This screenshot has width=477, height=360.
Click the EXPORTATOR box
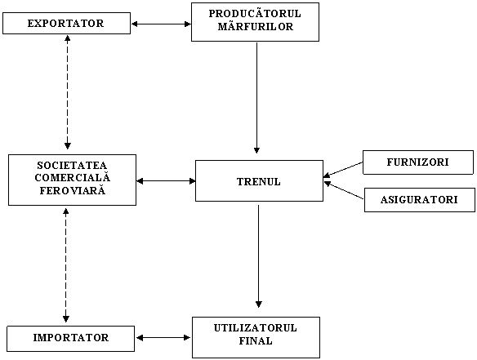[67, 23]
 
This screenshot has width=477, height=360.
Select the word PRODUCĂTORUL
[255, 14]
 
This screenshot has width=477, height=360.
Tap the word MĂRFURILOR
[256, 26]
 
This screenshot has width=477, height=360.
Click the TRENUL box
[259, 181]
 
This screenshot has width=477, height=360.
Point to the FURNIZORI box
[418, 162]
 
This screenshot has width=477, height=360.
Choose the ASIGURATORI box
[420, 200]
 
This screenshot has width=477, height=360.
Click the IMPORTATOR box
[70, 339]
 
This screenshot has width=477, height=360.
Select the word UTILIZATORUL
[255, 328]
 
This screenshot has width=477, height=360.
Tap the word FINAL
[256, 341]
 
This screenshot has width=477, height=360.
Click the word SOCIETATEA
[72, 166]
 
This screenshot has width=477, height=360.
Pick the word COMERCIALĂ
[73, 177]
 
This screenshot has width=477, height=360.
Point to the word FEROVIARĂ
[73, 190]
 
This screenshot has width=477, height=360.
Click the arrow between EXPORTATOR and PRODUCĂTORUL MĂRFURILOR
[161, 24]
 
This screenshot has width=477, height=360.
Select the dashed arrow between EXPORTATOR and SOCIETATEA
[68, 92]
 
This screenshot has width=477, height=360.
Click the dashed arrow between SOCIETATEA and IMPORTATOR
[65, 265]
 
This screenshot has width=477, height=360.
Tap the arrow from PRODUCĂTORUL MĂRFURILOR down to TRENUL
[256, 98]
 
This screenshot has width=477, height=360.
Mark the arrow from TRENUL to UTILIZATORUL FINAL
[259, 256]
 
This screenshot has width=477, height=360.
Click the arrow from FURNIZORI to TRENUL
[343, 170]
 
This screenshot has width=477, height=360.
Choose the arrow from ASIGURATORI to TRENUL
[344, 190]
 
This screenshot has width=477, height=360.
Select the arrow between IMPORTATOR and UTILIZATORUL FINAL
[163, 337]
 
